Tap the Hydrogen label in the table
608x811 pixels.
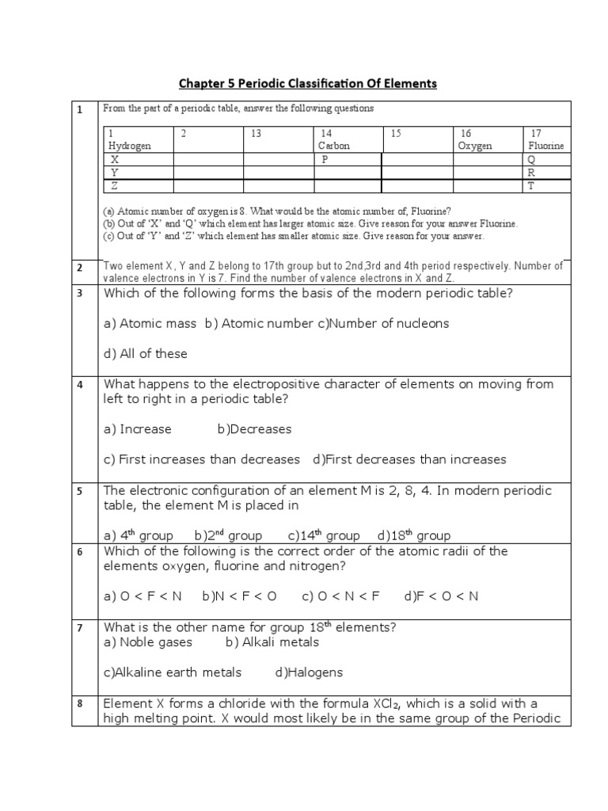point(129,146)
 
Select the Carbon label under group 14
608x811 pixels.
point(333,146)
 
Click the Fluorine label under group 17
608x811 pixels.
point(545,146)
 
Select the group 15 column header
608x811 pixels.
point(397,134)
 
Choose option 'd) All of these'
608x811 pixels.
point(146,353)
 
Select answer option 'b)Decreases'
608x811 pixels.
point(254,429)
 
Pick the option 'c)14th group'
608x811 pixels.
point(324,535)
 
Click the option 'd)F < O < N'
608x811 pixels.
point(441,596)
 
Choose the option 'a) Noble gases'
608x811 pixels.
point(148,642)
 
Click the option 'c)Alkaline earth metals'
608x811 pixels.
point(173,672)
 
